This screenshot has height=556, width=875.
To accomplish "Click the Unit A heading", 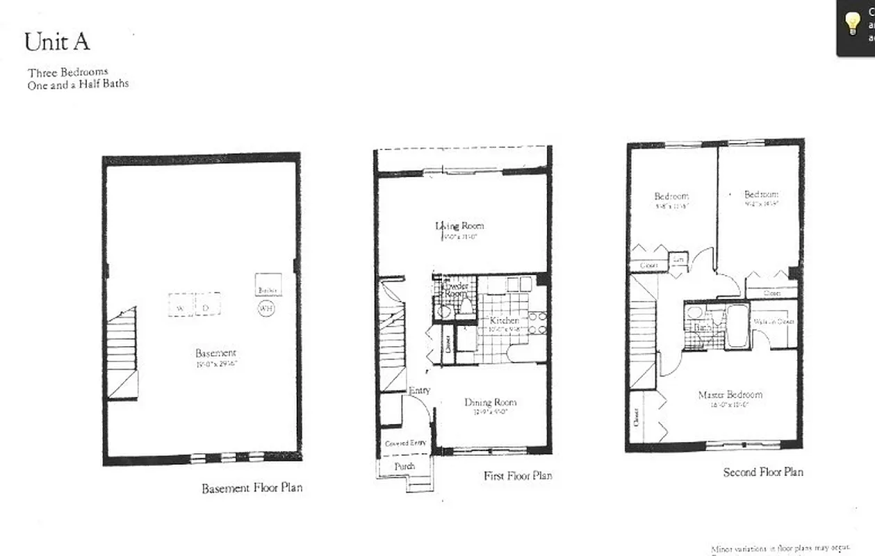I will [x=57, y=42].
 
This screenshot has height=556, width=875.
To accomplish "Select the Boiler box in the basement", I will [x=268, y=288].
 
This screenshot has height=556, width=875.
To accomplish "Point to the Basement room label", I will [x=215, y=353].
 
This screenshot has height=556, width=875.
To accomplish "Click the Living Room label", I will [x=459, y=225].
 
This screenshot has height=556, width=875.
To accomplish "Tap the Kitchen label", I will [x=504, y=320].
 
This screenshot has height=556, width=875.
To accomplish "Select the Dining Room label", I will [x=491, y=402].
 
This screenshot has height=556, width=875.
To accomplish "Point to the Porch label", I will [x=404, y=466].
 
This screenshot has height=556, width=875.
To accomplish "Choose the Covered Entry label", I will [x=405, y=443].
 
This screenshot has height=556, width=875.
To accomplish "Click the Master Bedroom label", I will [x=730, y=395].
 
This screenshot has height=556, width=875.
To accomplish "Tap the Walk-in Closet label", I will [x=774, y=322].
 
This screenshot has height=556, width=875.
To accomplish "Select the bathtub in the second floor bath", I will [x=736, y=327].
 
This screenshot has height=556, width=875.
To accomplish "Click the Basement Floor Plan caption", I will [x=252, y=488].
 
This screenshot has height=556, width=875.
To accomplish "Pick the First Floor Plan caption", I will [x=518, y=476].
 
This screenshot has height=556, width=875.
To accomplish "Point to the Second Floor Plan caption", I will [x=763, y=472].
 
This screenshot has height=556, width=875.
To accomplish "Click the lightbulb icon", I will [x=852, y=22].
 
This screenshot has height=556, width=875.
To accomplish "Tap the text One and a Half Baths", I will [x=79, y=84].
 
